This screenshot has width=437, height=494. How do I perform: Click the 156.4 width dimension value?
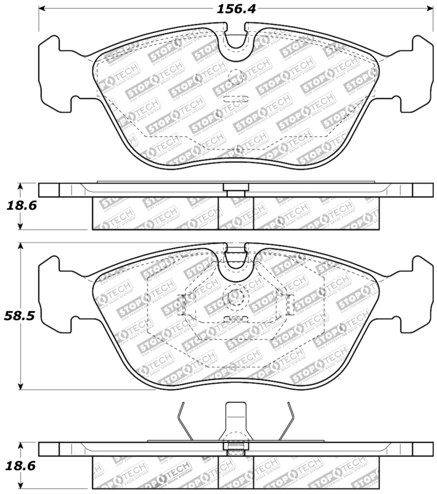click(233, 9)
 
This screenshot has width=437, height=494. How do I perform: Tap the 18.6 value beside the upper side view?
click(17, 206)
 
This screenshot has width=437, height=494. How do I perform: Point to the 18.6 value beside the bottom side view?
click(17, 466)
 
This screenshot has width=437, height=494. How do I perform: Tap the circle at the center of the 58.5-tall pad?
click(236, 297)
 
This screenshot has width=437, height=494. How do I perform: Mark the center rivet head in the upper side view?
click(235, 189)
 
